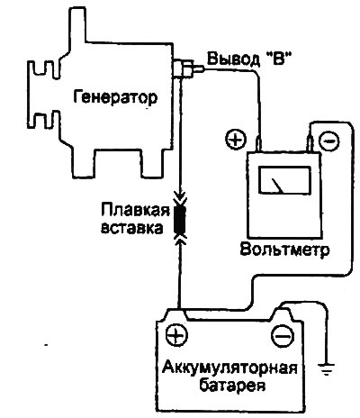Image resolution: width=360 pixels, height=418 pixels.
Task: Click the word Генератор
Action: click(x=115, y=97)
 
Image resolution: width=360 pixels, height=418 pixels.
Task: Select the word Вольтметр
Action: click(x=284, y=249)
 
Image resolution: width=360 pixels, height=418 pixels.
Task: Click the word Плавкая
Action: click(x=135, y=211)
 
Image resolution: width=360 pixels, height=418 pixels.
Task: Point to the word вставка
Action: click(x=132, y=228)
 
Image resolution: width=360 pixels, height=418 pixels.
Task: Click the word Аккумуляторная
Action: click(x=229, y=368)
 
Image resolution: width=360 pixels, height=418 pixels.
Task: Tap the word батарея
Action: click(x=232, y=384)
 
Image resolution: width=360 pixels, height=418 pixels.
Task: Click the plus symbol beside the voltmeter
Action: click(x=236, y=140)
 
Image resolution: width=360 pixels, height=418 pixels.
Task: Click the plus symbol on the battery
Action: click(x=176, y=334)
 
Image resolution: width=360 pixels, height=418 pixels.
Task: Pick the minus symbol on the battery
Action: click(x=283, y=336)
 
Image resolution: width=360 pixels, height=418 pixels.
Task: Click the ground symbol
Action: click(x=327, y=368)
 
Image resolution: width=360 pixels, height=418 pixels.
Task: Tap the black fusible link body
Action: click(x=180, y=220)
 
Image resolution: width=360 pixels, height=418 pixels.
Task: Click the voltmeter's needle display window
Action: click(x=283, y=180)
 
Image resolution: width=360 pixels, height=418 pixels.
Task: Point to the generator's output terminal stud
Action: click(x=187, y=68)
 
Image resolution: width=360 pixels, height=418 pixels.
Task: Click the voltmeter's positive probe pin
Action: click(x=258, y=143)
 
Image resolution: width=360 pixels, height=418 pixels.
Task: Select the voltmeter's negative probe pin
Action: click(x=310, y=144)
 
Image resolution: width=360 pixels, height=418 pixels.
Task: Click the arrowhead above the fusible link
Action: click(x=180, y=198)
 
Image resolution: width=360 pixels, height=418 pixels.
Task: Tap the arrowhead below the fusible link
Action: click(x=180, y=240)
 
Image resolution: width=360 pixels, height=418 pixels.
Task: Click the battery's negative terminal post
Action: click(x=282, y=314)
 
